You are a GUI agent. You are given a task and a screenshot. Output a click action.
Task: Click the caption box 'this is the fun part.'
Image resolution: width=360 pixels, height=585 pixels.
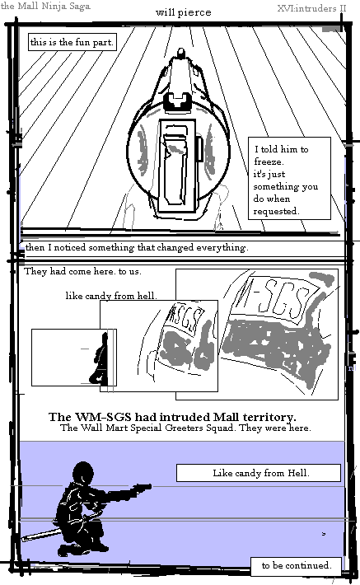click(x=72, y=42)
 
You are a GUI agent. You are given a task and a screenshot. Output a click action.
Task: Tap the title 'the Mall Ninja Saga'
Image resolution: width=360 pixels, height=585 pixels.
click(x=45, y=6)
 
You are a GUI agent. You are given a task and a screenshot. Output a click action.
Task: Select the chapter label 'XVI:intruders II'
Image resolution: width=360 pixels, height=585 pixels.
click(x=311, y=8)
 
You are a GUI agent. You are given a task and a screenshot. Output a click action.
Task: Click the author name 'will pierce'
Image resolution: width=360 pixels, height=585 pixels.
click(x=183, y=12)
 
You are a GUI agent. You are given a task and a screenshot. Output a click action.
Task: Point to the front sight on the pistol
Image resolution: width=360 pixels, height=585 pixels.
click(x=181, y=52)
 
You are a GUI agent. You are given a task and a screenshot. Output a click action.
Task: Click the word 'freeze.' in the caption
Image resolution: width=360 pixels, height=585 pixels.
click(x=269, y=162)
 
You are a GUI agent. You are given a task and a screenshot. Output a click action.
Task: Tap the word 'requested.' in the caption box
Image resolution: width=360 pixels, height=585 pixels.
click(x=276, y=211)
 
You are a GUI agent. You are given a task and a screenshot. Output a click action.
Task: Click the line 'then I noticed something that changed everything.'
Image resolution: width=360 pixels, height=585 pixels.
click(x=137, y=247)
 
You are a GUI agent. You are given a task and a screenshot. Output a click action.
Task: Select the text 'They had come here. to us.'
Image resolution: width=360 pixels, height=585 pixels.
click(x=82, y=271)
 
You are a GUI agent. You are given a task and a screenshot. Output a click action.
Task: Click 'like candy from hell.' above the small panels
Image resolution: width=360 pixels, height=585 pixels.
click(x=111, y=296)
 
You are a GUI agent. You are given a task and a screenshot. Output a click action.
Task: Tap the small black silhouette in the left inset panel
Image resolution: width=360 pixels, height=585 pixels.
click(x=99, y=359)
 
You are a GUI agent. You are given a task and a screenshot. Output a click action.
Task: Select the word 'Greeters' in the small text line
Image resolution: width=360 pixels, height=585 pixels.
click(x=182, y=428)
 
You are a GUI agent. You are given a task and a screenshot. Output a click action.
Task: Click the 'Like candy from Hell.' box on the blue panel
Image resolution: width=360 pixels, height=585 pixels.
click(x=259, y=473)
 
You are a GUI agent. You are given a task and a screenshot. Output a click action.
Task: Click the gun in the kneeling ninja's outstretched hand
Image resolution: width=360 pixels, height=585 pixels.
click(x=141, y=487)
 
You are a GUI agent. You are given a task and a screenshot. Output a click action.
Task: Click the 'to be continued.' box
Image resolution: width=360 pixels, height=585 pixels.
click(x=297, y=565)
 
